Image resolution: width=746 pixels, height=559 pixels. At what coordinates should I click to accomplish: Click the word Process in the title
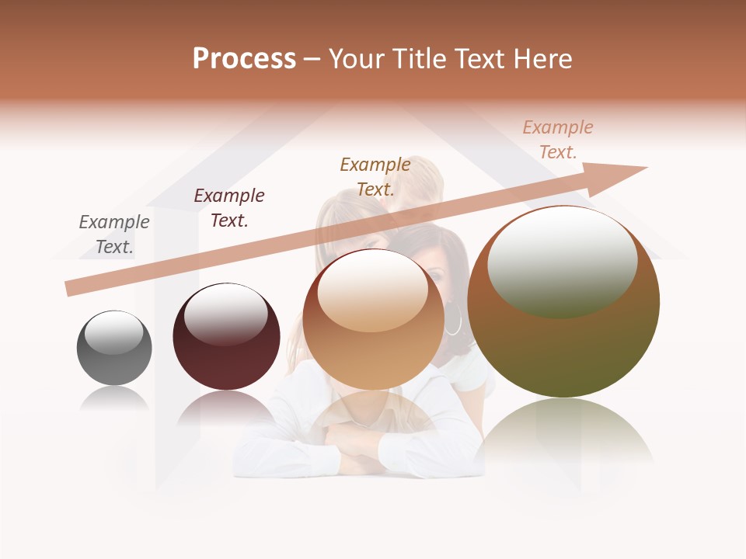click(244, 59)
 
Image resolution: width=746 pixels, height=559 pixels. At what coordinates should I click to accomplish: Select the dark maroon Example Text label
click(229, 208)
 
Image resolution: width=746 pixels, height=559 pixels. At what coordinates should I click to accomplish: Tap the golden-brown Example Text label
click(375, 176)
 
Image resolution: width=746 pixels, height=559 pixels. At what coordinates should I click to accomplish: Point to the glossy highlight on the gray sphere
click(113, 333)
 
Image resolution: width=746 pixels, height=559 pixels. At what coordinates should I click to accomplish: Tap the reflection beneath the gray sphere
click(114, 399)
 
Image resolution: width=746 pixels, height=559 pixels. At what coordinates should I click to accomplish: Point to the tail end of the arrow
click(71, 288)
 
